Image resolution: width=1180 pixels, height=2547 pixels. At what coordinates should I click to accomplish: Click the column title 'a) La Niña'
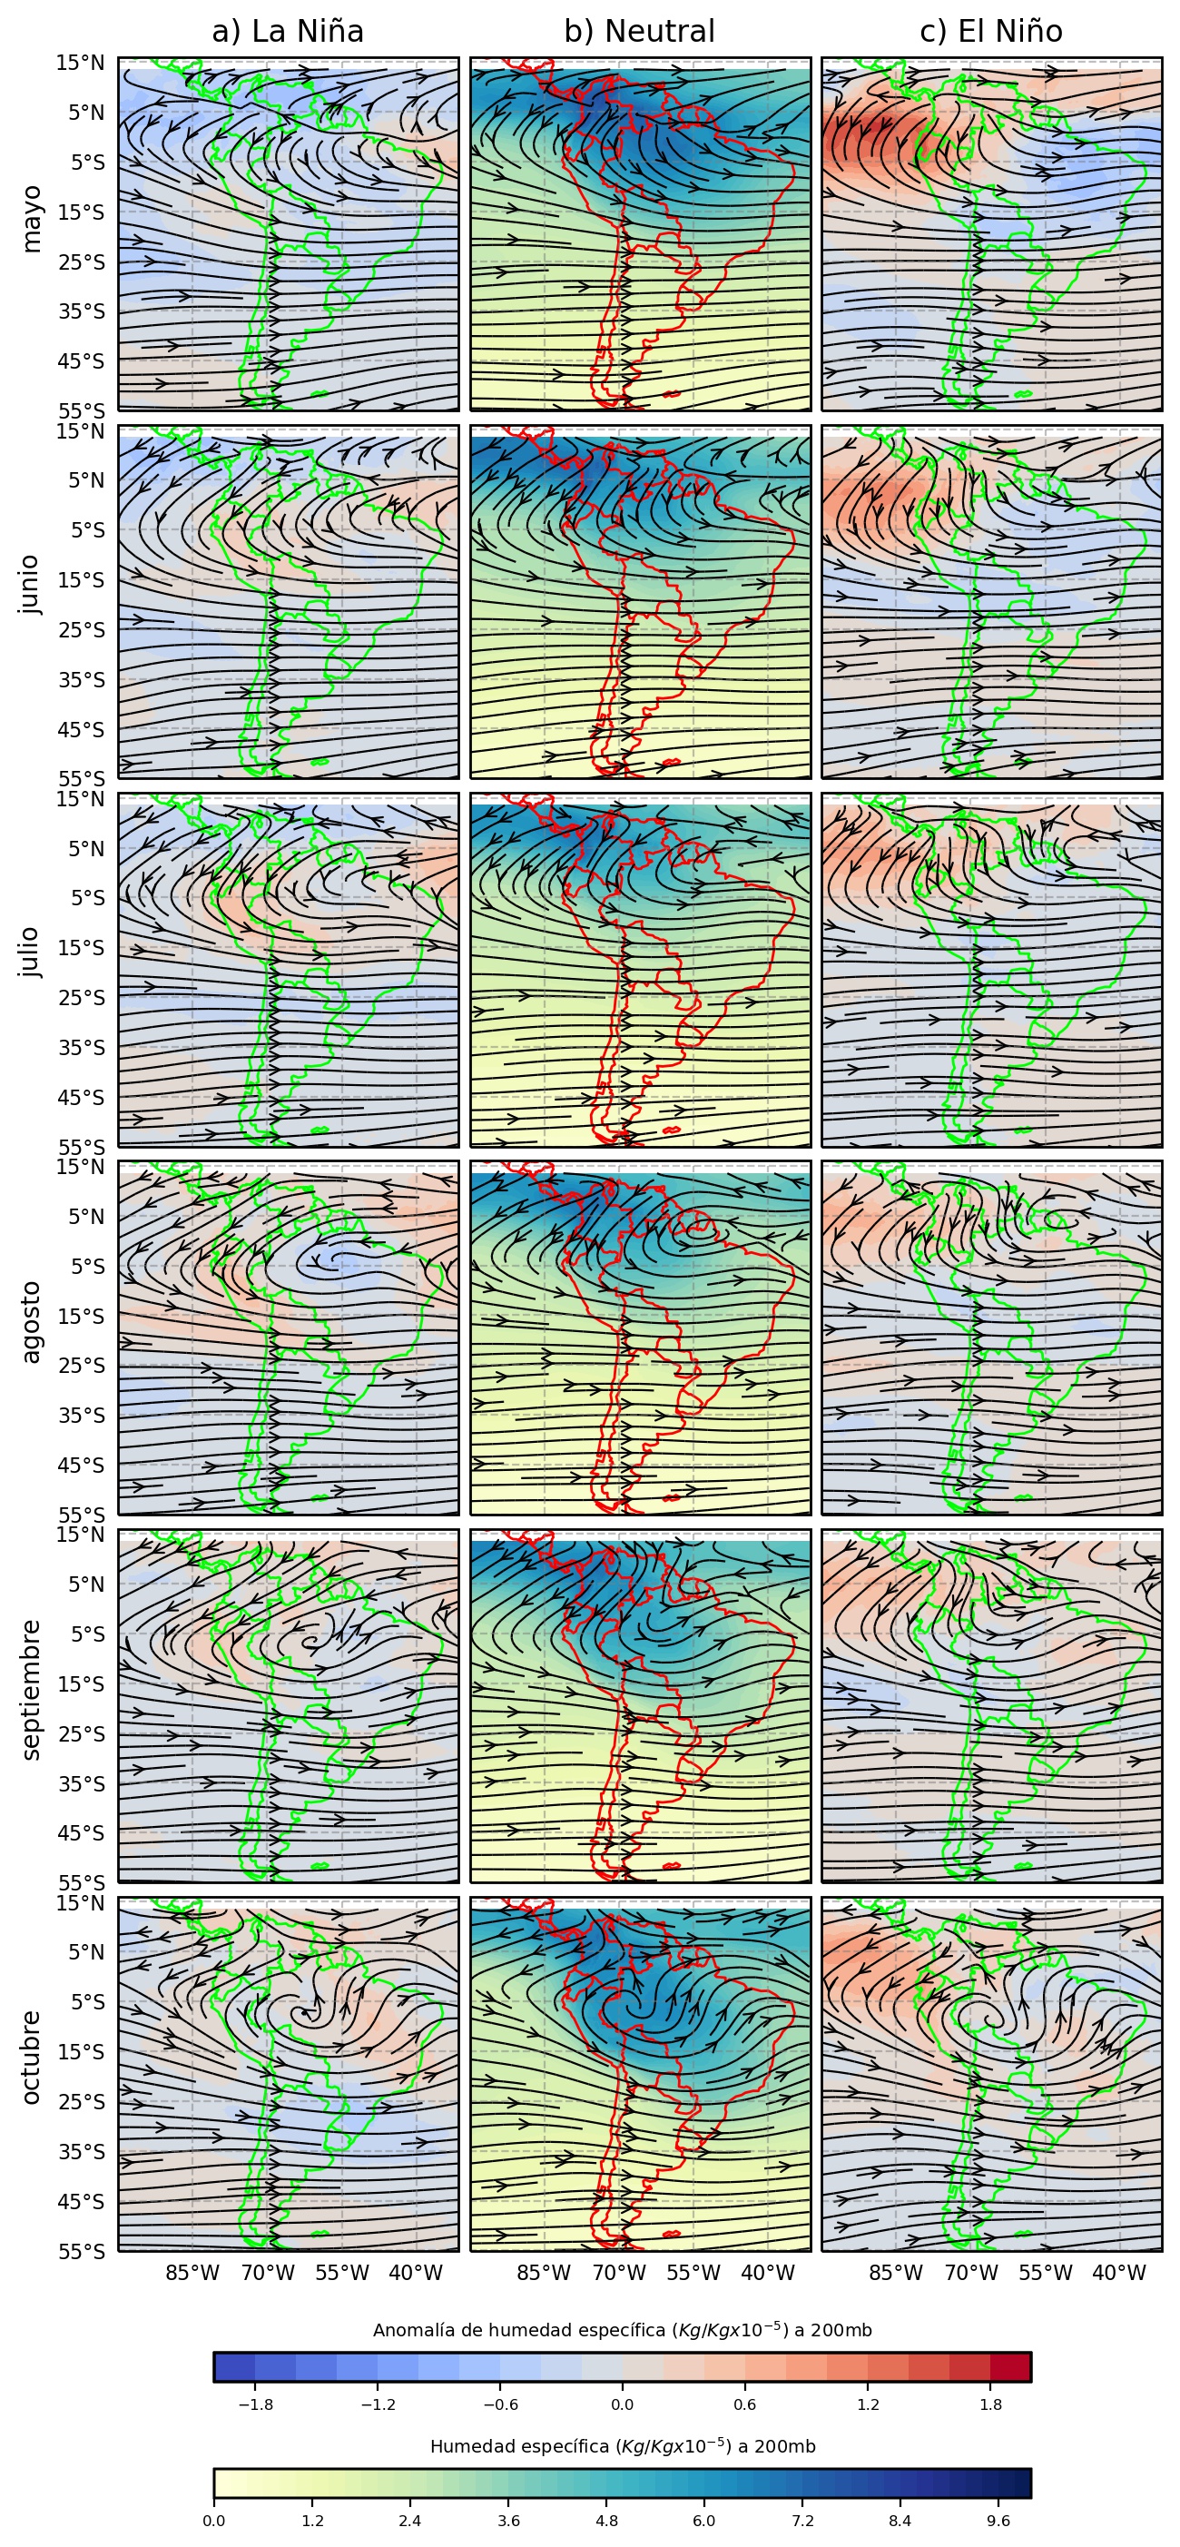(x=288, y=32)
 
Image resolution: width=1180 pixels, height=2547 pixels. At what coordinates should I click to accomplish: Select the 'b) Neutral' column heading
(x=638, y=32)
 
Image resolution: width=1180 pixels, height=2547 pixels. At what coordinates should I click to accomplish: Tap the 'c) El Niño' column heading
(x=990, y=32)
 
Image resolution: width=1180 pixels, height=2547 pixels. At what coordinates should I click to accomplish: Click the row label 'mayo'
(x=32, y=219)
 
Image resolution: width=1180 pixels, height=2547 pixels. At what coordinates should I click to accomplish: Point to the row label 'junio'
(x=32, y=585)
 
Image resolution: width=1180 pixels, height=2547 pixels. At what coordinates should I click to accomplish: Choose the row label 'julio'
(x=32, y=952)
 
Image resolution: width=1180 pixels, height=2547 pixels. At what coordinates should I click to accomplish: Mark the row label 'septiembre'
(x=32, y=1689)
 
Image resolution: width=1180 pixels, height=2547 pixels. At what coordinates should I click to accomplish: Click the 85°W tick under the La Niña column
(x=192, y=2272)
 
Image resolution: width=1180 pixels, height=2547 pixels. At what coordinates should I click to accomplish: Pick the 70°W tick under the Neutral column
(x=619, y=2272)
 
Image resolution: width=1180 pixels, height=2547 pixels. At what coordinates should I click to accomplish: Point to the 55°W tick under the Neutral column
(x=693, y=2272)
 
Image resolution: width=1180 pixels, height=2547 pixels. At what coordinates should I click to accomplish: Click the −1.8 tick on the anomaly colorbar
(x=255, y=2404)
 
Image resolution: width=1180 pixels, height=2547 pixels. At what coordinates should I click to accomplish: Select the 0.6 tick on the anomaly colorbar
(x=745, y=2404)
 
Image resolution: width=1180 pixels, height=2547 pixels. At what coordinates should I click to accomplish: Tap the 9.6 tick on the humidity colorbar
(x=998, y=2521)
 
